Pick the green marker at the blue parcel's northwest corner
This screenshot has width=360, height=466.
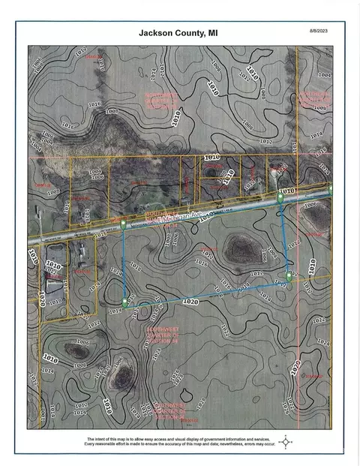[x=123, y=224]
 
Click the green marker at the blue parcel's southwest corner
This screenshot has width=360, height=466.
[x=125, y=302]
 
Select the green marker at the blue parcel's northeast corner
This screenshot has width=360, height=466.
[x=280, y=197]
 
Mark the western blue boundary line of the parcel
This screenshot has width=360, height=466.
[x=124, y=263]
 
